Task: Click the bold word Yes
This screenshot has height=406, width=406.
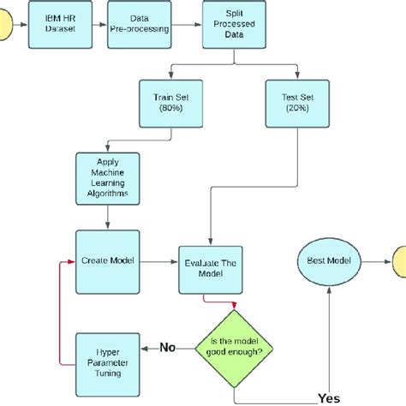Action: pos(328,398)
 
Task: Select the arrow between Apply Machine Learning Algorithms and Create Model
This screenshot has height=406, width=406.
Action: pos(106,218)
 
